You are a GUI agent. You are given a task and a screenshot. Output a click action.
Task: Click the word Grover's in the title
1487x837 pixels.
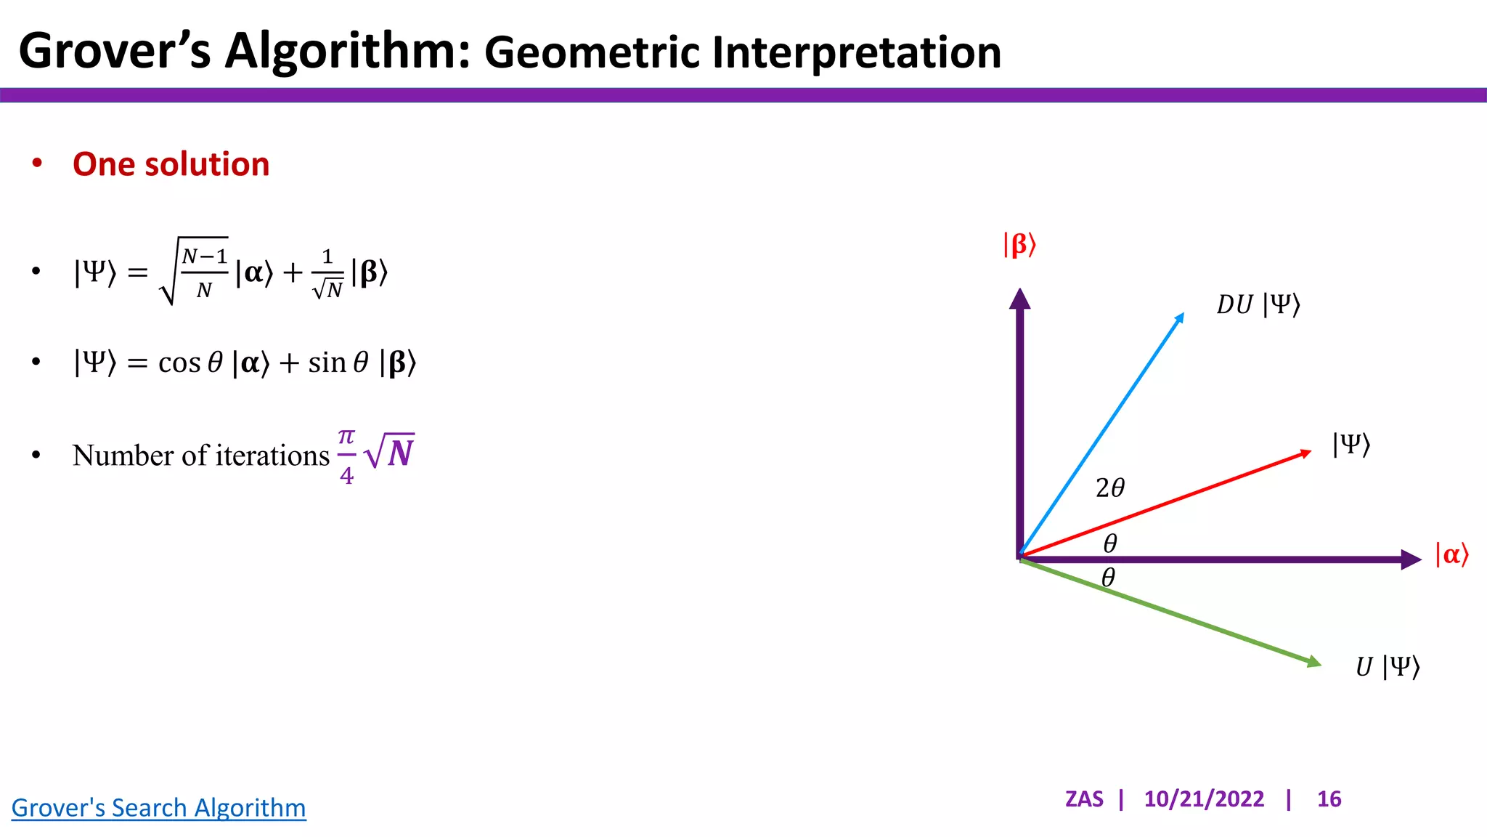pos(115,51)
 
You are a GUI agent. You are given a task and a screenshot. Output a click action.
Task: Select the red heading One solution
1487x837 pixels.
pos(171,164)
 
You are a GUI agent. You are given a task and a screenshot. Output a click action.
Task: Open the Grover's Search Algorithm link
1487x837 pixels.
pos(158,807)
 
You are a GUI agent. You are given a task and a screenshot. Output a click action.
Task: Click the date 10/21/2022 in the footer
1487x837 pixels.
pos(1203,798)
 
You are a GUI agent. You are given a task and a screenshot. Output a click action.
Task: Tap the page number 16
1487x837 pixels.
pos(1329,798)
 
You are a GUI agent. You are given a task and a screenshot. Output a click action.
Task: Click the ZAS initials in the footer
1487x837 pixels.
pos(1083,798)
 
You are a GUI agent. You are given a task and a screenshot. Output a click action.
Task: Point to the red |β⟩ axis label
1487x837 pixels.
pos(1019,245)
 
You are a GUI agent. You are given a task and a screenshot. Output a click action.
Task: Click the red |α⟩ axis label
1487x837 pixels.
pos(1451,554)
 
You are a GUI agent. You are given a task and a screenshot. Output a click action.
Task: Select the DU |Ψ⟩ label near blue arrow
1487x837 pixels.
pos(1258,304)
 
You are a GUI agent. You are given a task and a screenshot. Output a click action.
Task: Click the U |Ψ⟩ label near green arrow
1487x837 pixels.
pos(1387,666)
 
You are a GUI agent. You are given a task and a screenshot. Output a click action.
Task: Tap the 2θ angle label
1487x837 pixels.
pos(1109,488)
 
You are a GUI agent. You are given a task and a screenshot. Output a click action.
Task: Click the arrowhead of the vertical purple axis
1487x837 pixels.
pos(1019,296)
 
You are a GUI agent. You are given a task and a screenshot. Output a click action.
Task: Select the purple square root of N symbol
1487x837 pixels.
pos(390,452)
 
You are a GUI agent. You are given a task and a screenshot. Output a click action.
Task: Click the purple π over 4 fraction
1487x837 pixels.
pos(346,456)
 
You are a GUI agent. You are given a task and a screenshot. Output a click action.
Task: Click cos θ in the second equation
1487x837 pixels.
pos(190,363)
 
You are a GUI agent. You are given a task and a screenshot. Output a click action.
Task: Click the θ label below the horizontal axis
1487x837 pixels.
pos(1108,578)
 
